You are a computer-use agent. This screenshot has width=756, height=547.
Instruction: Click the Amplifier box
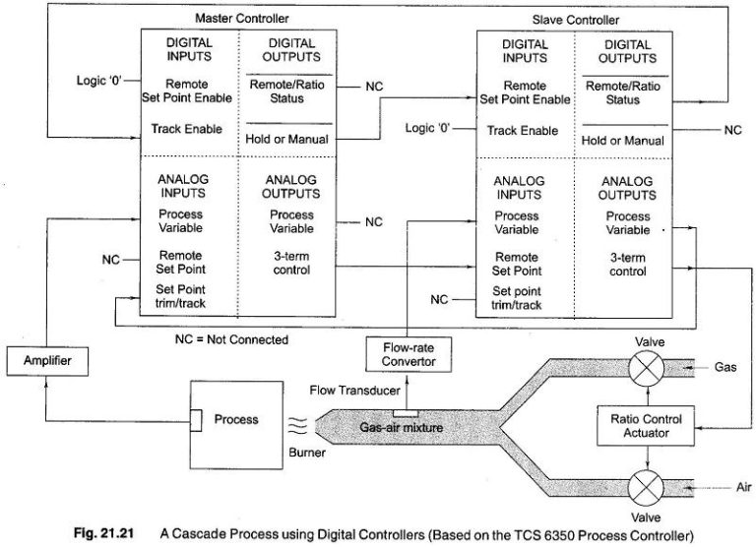(x=43, y=361)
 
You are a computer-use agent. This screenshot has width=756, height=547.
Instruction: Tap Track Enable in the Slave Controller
(x=524, y=130)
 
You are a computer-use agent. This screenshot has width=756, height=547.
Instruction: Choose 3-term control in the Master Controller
(x=291, y=265)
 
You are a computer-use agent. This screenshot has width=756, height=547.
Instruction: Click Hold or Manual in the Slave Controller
(x=622, y=141)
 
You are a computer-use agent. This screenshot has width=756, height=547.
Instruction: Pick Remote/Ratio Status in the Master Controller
(x=290, y=92)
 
